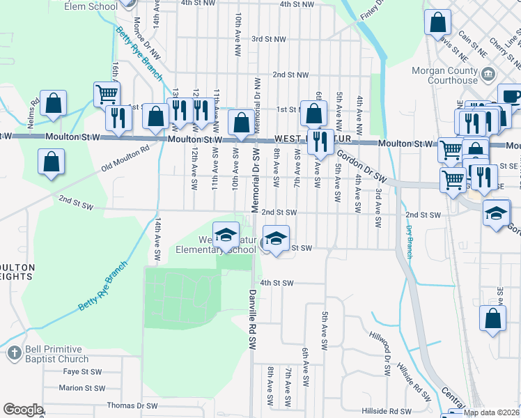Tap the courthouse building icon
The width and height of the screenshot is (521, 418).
488,73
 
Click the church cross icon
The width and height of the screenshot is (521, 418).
13,354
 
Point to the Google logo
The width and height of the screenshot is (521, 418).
22,410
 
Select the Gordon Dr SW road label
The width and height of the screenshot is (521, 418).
361,167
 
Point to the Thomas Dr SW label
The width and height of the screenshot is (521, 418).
132,405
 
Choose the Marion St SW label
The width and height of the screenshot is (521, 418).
81,388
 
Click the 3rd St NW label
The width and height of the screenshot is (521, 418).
269,40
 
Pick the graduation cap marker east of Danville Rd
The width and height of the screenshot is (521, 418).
276,239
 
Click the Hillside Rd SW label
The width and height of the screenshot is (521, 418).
387,411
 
